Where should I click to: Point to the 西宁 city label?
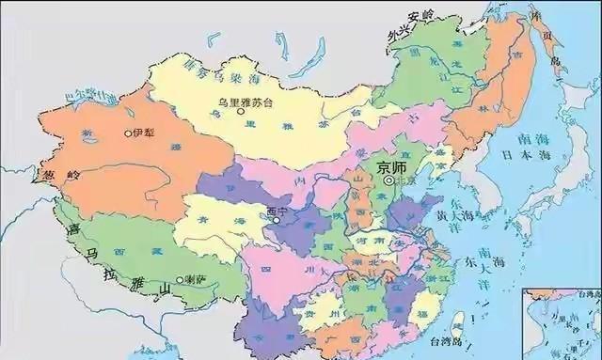click(277, 211)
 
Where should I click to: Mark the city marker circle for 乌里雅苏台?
click(241, 112)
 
